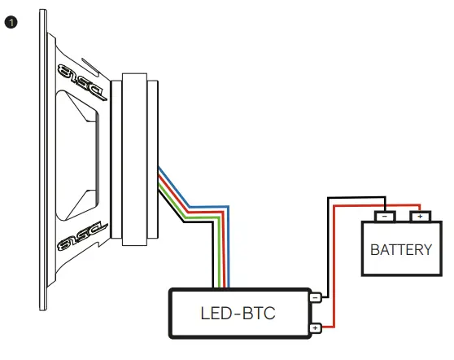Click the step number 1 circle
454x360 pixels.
pos(11,22)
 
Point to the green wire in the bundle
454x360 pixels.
pos(203,214)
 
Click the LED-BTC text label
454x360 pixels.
pos(239,312)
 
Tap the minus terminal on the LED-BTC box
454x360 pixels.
pos(314,298)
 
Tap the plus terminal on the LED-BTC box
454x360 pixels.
pos(314,328)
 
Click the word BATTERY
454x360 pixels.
pos(400,249)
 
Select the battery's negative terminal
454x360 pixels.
pos(385,217)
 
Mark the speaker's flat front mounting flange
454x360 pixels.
pos(41,163)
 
